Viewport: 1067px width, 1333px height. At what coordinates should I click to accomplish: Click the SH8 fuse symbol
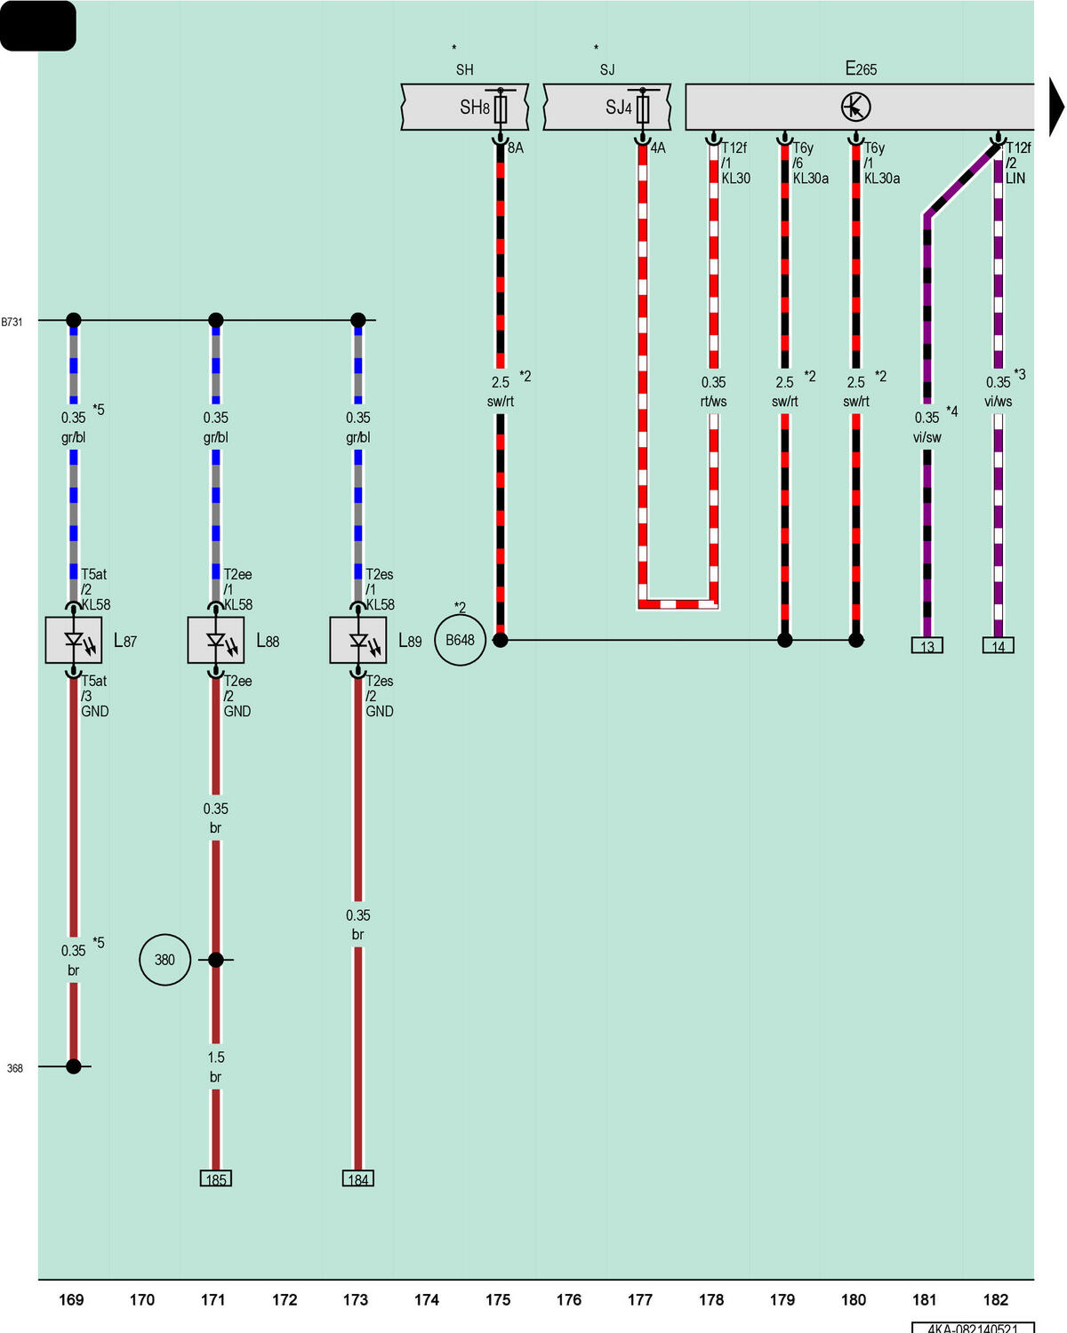coord(500,109)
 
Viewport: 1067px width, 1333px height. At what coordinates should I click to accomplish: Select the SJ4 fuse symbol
coord(642,109)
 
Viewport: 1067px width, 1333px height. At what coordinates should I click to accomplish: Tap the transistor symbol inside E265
coord(855,108)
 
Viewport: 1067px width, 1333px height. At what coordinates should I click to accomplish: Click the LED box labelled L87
coord(73,639)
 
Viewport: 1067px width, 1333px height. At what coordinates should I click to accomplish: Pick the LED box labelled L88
coord(215,639)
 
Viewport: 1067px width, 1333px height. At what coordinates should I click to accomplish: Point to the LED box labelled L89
coord(357,639)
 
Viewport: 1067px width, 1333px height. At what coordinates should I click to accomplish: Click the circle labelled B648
coord(460,639)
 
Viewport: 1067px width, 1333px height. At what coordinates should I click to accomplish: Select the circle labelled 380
coord(164,960)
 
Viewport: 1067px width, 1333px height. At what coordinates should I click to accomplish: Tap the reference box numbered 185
coord(215,1178)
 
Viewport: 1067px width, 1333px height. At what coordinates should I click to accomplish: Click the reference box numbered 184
coord(357,1178)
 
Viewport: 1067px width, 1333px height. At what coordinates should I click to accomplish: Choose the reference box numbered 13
coord(927,645)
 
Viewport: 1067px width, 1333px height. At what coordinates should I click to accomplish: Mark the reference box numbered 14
coord(998,645)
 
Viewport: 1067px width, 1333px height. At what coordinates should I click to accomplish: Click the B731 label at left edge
coord(12,322)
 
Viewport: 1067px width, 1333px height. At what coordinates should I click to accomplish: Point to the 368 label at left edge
coord(15,1068)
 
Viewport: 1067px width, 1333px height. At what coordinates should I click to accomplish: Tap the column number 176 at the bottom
coord(568,1299)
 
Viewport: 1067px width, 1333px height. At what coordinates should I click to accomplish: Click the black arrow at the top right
coord(1055,107)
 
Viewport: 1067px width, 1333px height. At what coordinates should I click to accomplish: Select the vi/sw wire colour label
coord(927,437)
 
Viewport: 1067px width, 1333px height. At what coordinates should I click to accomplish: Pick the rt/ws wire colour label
coord(713,402)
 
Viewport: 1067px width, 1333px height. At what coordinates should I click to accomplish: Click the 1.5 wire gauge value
coord(215,1058)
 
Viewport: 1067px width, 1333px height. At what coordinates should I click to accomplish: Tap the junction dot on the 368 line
coord(73,1066)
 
